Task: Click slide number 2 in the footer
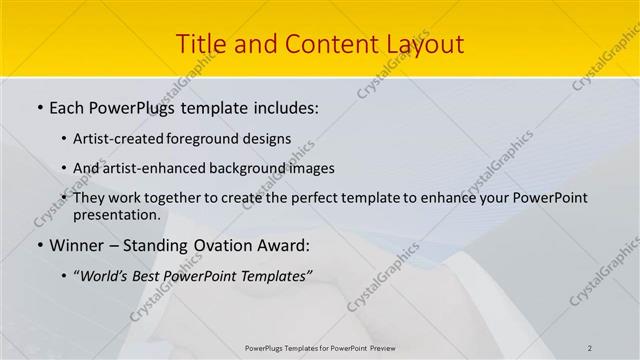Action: [590, 348]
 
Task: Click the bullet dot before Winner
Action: [39, 246]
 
